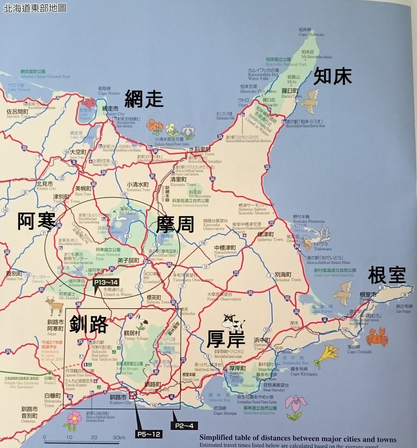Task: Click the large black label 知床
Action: coord(333,77)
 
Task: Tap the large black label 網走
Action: coord(144,99)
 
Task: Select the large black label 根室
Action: coord(387,275)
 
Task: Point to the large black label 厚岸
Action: coord(226,339)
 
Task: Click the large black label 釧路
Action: coord(89,324)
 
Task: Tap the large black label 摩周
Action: coord(175,224)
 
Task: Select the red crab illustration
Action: coord(377,337)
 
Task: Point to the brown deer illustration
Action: coord(55,305)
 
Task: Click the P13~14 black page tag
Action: coord(106,283)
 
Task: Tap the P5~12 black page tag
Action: coord(149,434)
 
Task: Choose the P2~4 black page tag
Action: coord(187,425)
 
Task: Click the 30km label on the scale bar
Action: coord(118,437)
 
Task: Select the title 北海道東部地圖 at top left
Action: coord(35,8)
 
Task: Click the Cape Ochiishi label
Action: coord(359,349)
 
